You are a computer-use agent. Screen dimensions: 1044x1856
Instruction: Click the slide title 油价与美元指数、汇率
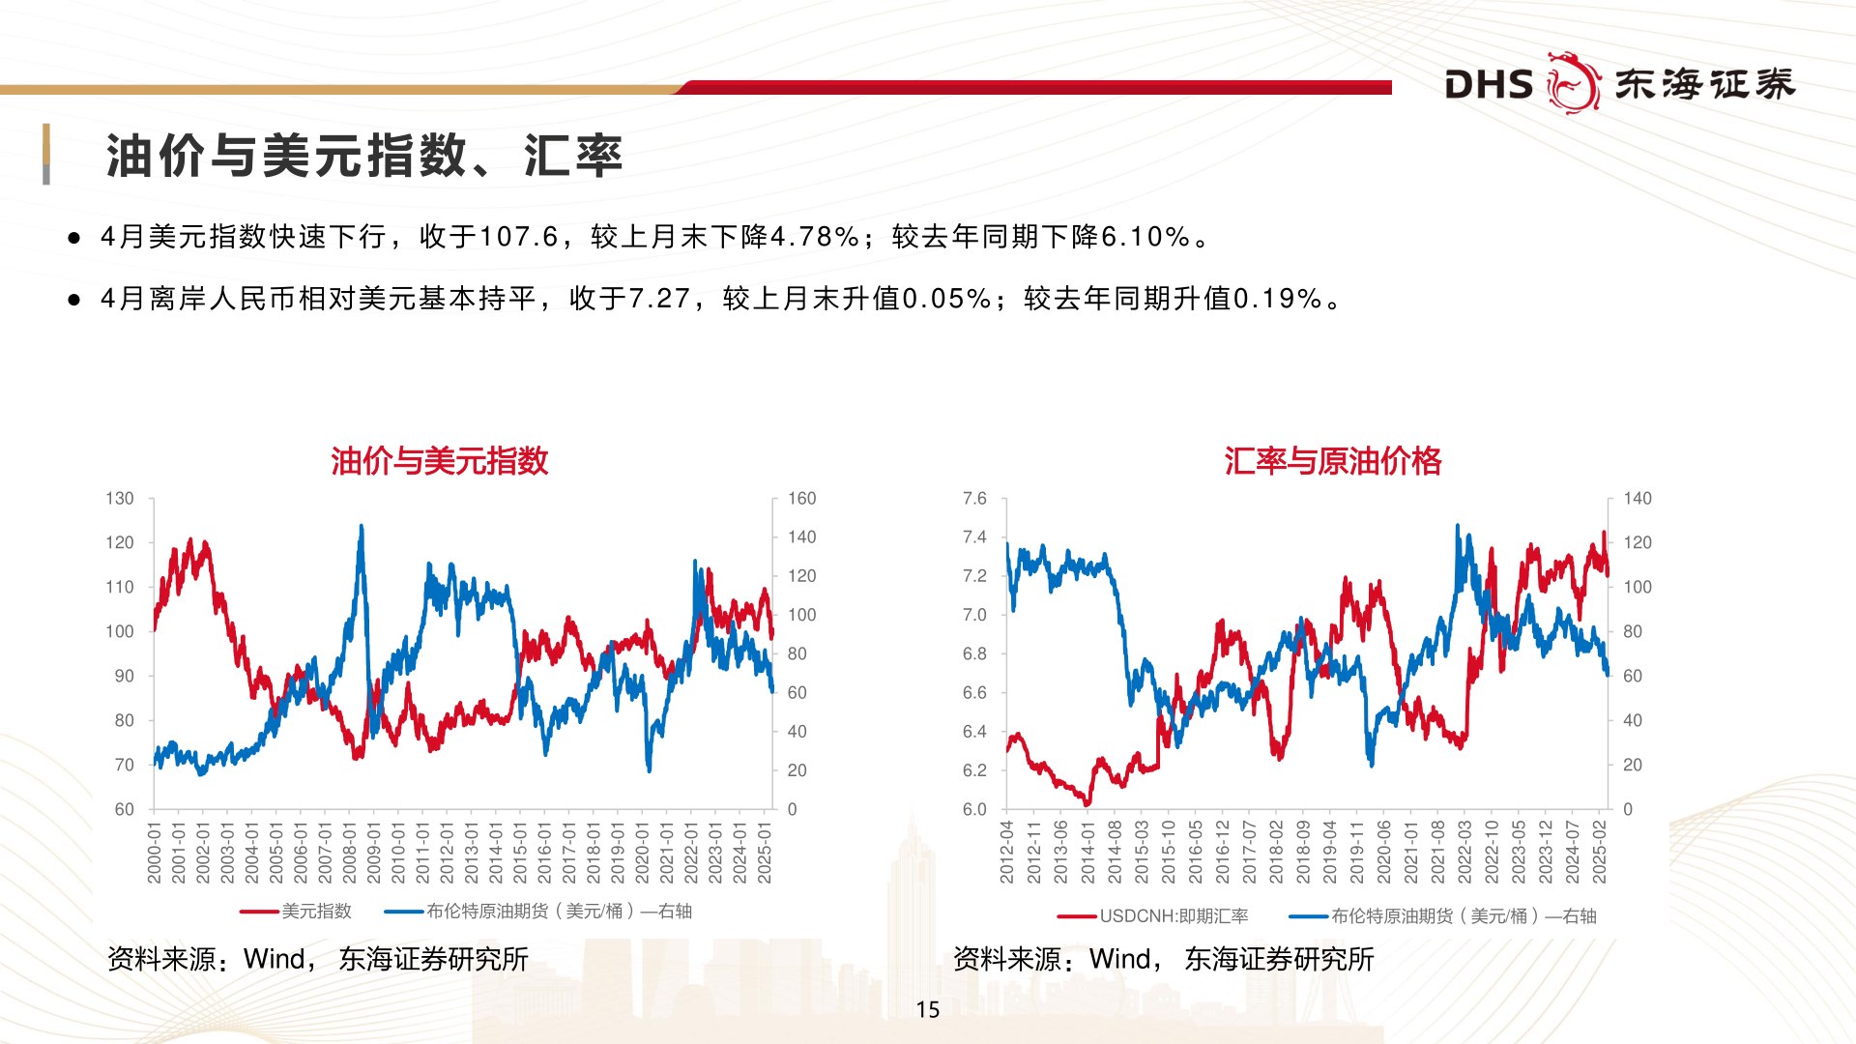coord(363,156)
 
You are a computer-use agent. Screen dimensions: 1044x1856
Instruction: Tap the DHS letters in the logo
coord(1489,85)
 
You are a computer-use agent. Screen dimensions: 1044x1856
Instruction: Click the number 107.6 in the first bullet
coord(519,237)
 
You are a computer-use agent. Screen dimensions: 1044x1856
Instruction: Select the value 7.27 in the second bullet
coord(659,299)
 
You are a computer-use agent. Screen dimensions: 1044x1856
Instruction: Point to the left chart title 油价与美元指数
coord(440,461)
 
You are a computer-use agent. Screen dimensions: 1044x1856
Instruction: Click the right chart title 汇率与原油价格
coord(1332,461)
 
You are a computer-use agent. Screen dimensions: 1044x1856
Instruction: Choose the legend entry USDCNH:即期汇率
coord(1174,916)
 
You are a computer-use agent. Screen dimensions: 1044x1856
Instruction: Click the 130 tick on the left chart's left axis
coord(120,499)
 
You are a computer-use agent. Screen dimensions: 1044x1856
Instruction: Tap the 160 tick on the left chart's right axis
coord(801,499)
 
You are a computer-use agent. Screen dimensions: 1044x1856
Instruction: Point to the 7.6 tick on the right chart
coord(974,499)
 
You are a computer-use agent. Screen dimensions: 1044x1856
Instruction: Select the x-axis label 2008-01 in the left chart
coord(349,853)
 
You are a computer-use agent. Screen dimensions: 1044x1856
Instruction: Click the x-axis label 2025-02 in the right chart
coord(1600,853)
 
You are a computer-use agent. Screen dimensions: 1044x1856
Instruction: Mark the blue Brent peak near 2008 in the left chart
coord(362,529)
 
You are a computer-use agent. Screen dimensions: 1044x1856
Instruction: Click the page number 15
coord(928,1010)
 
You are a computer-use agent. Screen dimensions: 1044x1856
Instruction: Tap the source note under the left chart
coord(317,959)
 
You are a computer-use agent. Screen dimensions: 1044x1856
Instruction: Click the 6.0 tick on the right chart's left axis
coord(974,809)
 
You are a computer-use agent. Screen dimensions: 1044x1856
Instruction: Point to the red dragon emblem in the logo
coord(1573,83)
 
